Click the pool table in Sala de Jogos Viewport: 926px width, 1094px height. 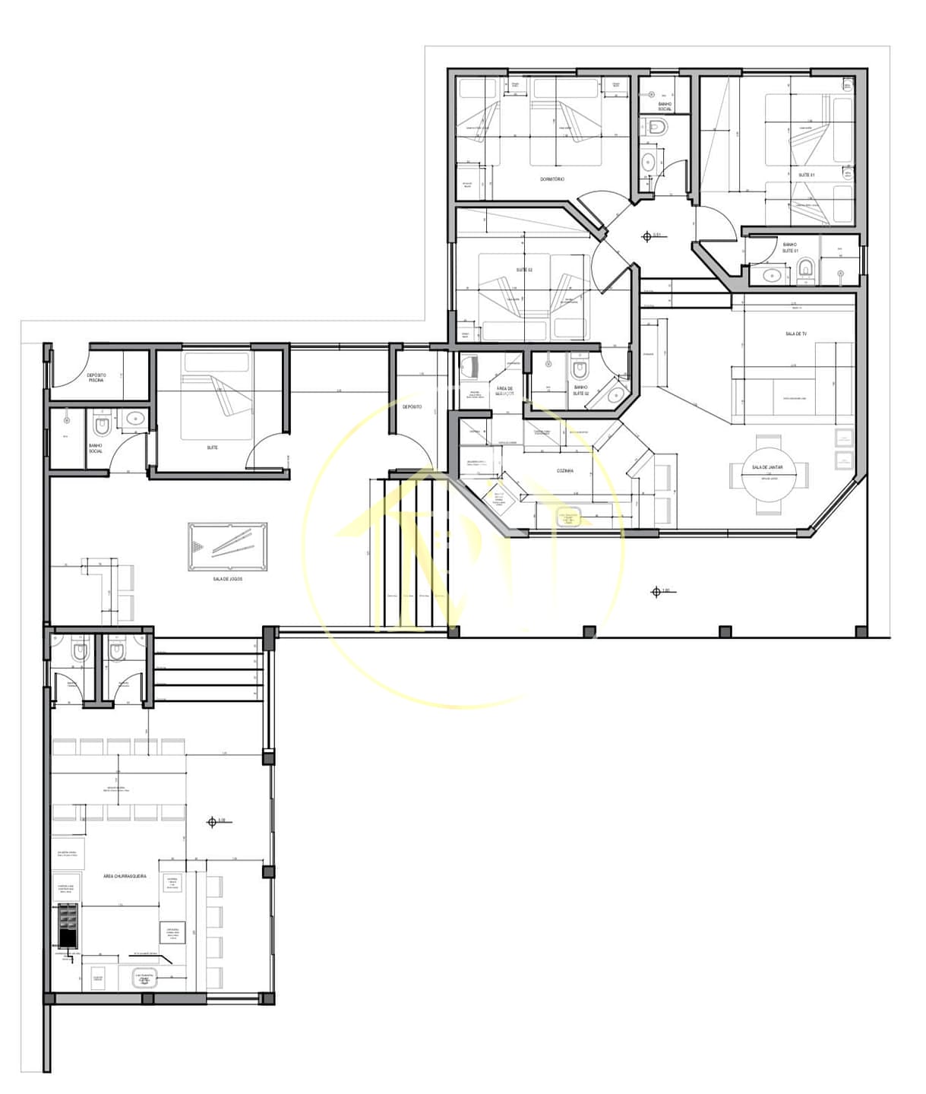(x=227, y=548)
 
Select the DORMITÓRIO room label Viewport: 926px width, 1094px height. (x=552, y=179)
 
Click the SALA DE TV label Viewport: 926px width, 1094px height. (x=795, y=334)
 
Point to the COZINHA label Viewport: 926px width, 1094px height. (x=564, y=471)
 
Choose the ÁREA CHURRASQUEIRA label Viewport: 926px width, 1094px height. (x=125, y=877)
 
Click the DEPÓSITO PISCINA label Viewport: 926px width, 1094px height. (x=96, y=378)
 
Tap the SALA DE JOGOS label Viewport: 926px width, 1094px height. (x=227, y=580)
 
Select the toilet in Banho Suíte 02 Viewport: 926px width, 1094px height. (x=580, y=369)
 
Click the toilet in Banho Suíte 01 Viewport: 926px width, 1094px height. (x=806, y=267)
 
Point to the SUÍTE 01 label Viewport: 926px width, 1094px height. (x=806, y=175)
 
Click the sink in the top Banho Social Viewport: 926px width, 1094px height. (x=648, y=162)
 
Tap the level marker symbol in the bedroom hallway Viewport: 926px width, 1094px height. (x=647, y=237)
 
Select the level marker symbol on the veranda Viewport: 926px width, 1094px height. (x=656, y=592)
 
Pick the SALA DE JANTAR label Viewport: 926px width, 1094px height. (x=767, y=468)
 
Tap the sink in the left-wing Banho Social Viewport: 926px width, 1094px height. (x=136, y=417)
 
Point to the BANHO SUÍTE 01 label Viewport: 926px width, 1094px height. (x=789, y=248)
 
